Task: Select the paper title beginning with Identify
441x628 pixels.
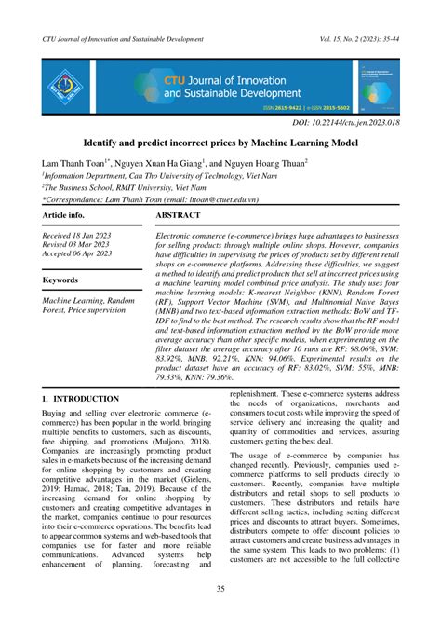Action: point(220,145)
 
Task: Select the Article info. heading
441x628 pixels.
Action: point(67,215)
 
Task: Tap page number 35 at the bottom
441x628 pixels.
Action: point(220,588)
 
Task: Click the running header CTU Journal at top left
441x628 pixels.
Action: point(123,40)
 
